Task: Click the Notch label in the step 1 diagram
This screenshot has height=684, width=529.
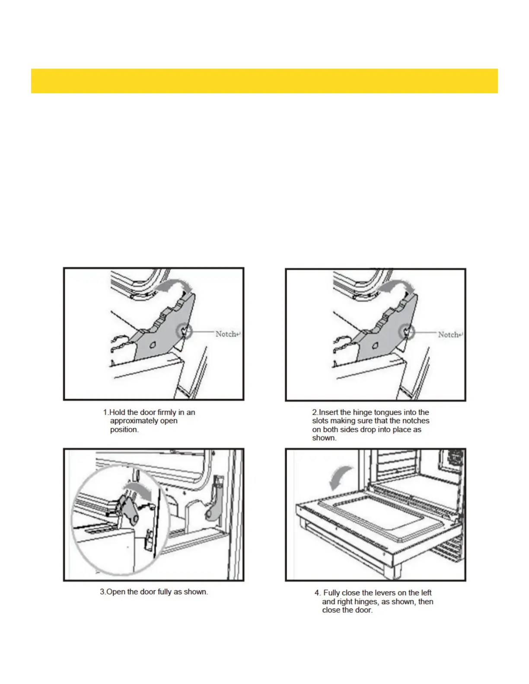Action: click(226, 334)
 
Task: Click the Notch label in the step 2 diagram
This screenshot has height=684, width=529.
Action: click(449, 335)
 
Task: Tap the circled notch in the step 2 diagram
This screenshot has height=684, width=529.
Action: click(407, 332)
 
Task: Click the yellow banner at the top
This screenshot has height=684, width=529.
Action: click(264, 81)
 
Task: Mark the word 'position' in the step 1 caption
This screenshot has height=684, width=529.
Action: click(124, 430)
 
